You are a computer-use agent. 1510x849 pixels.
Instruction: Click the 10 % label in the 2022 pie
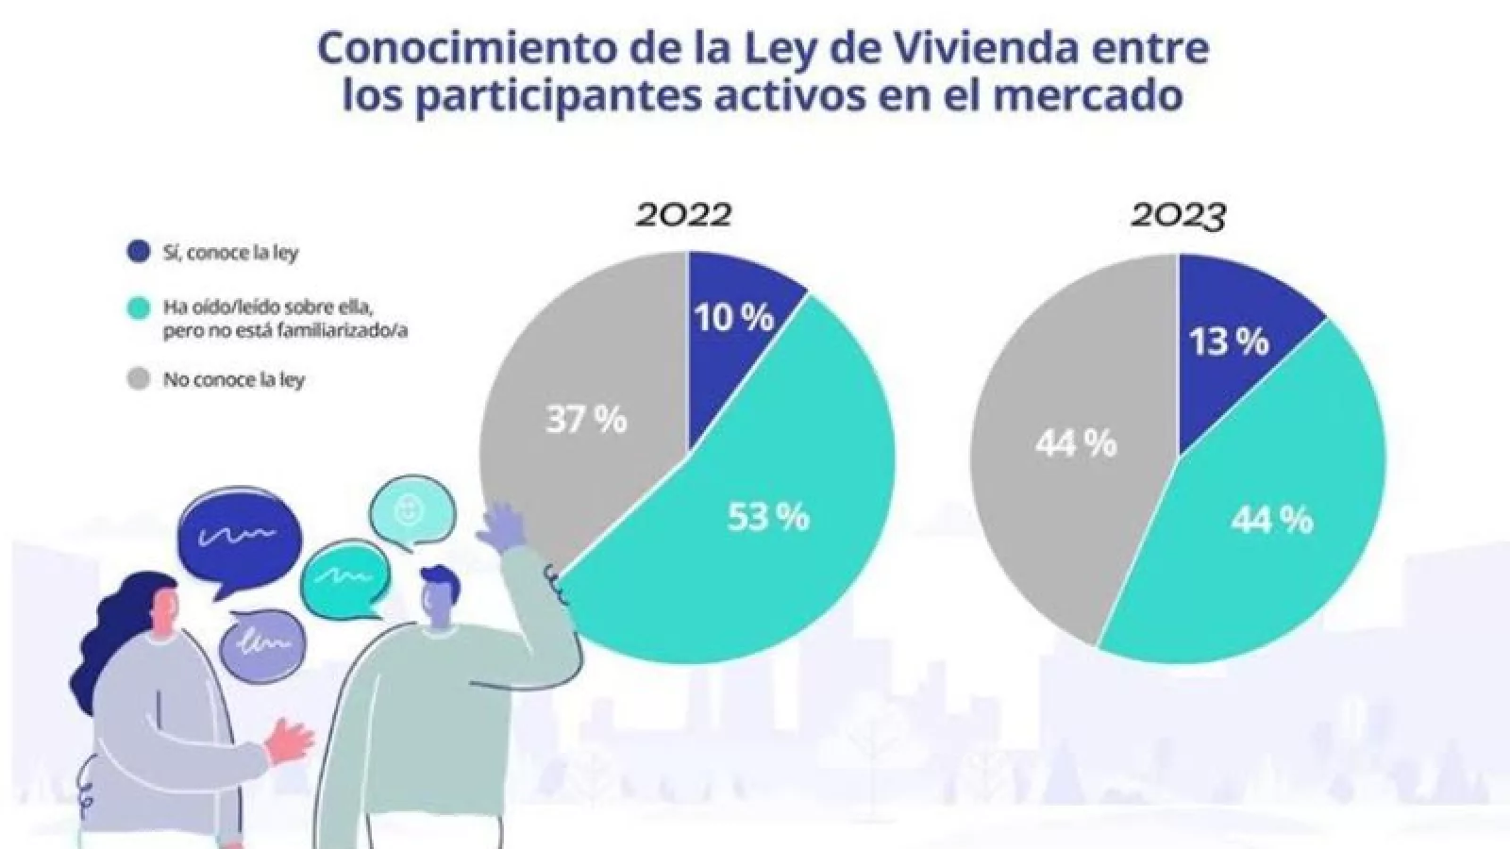click(734, 318)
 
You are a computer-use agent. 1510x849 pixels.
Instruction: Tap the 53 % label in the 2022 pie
click(768, 517)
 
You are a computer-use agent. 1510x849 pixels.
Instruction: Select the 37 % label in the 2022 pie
click(586, 419)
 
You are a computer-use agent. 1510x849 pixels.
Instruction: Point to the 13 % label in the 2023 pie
click(1228, 341)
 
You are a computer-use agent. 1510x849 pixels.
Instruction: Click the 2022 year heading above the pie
click(683, 215)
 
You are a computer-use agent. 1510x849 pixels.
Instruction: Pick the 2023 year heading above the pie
click(1178, 216)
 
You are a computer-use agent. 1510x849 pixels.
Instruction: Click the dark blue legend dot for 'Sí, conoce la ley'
click(139, 253)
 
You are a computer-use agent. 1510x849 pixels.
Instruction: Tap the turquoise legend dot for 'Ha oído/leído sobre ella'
click(139, 308)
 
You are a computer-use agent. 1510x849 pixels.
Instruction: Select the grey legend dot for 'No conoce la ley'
click(139, 379)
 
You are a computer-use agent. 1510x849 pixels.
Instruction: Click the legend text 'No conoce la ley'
click(234, 380)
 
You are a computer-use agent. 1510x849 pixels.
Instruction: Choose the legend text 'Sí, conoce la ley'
click(231, 254)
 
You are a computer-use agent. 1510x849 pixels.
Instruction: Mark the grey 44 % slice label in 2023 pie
click(1075, 441)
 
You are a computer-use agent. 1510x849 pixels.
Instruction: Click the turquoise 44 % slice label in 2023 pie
click(1271, 519)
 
